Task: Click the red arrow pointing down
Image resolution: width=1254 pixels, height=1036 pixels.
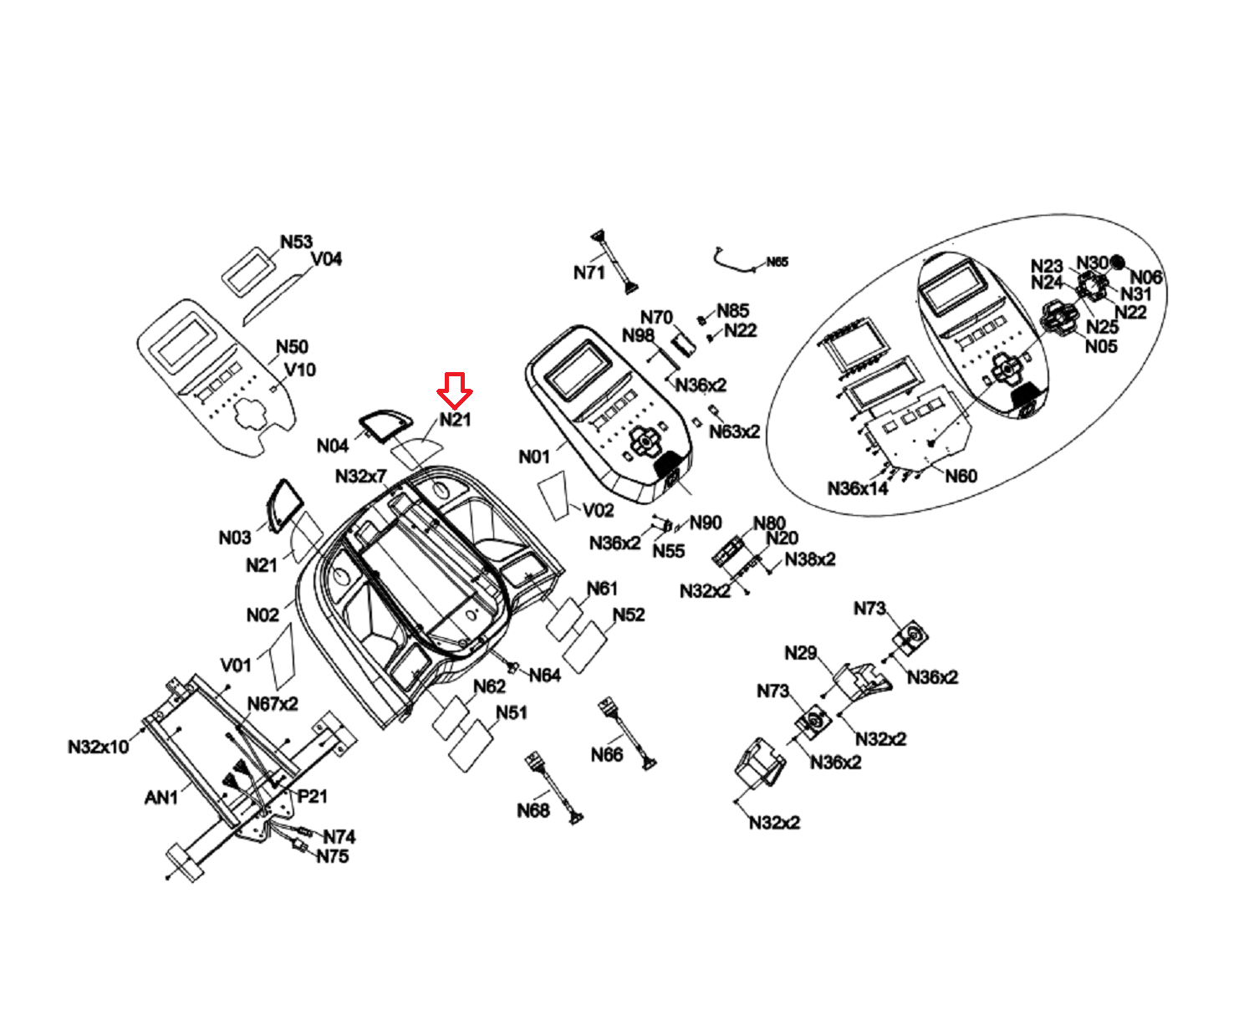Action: [455, 390]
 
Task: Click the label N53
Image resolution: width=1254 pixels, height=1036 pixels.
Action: [296, 242]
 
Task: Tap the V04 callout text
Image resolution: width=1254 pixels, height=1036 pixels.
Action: [326, 259]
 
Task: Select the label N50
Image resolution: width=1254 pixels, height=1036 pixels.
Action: [292, 347]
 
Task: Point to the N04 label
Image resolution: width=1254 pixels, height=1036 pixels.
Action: [333, 446]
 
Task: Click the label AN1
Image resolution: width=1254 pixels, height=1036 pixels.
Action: [161, 798]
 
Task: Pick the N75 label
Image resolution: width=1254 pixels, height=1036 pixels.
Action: [333, 856]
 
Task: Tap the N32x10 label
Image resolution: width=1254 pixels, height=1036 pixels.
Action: [99, 746]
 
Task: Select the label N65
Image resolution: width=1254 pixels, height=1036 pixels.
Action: [777, 262]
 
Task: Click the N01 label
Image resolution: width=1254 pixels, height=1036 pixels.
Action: [534, 457]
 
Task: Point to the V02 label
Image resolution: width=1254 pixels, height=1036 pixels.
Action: [599, 510]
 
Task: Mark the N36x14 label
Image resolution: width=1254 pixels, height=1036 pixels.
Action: [858, 488]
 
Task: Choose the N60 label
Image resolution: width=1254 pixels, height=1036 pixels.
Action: [961, 476]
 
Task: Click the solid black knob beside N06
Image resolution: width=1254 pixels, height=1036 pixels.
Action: [1118, 263]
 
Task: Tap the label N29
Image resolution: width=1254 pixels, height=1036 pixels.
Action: [800, 653]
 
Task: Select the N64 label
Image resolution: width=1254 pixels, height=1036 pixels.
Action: [544, 675]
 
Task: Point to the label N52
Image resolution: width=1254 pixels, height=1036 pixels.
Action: [629, 615]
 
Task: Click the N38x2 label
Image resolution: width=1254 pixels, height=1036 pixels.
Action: [810, 559]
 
